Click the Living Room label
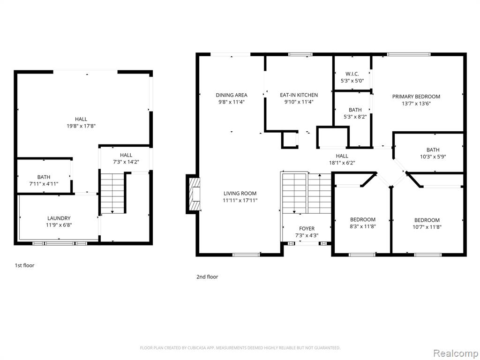pos(240,194)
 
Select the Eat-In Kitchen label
pos(299,95)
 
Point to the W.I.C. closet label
pos(352,74)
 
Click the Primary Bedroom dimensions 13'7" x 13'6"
pos(416,104)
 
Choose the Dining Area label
pos(232,95)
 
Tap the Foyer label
pos(307,229)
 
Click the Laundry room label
pos(59,218)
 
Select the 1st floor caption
pos(24,265)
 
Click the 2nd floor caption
pos(207,277)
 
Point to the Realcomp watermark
pos(455,353)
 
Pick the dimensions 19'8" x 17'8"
pos(81,126)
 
